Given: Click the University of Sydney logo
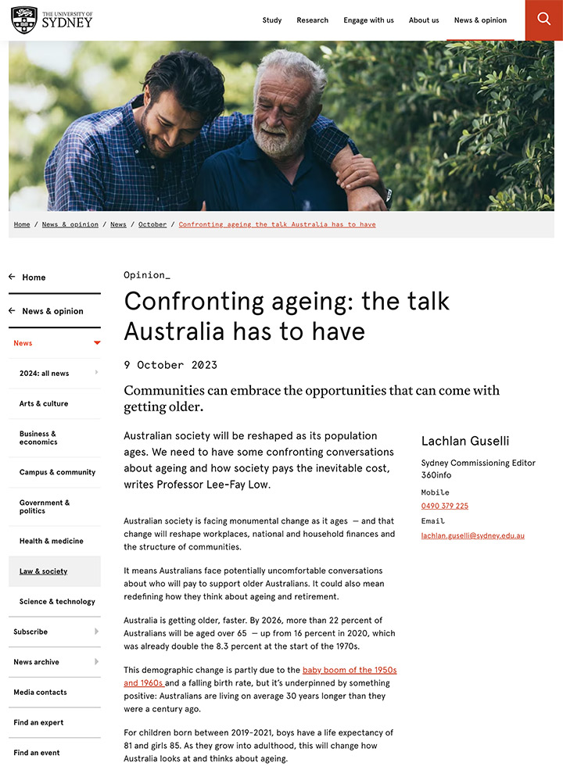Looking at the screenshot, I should click(x=52, y=20).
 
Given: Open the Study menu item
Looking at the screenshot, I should click(x=272, y=20).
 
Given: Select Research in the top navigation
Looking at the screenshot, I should click(x=312, y=20).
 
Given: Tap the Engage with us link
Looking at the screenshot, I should click(x=368, y=20).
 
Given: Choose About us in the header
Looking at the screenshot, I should click(x=424, y=20).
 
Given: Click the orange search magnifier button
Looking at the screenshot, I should click(x=543, y=20).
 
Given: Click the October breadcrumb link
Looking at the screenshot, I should click(x=152, y=224).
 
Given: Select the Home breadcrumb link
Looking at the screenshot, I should click(x=22, y=224).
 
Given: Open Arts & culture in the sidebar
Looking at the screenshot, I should click(x=44, y=403).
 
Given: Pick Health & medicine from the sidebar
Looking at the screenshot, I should click(x=51, y=541).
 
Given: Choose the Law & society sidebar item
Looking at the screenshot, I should click(x=43, y=571).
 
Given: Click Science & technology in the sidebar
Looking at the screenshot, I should click(x=57, y=601).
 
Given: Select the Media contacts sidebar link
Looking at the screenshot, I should click(x=40, y=692).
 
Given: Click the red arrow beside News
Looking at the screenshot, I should click(x=97, y=343).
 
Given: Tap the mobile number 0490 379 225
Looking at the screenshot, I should click(x=444, y=506).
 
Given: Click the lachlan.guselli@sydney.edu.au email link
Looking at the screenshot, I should click(x=472, y=535).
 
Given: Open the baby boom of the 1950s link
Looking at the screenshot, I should click(x=349, y=670).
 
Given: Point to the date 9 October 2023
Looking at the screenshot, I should click(x=170, y=365).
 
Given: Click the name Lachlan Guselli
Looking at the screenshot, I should click(x=464, y=441).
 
